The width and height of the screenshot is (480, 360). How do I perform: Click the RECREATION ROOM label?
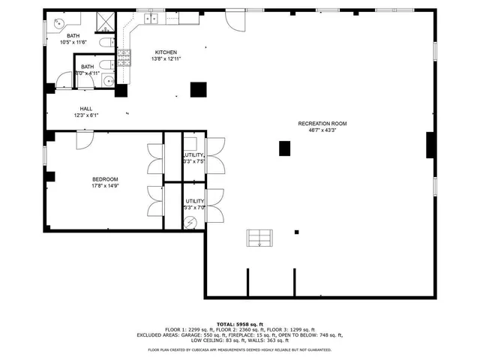tap(322, 124)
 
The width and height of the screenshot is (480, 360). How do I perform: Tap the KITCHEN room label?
tap(166, 51)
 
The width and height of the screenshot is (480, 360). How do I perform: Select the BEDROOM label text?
tap(105, 178)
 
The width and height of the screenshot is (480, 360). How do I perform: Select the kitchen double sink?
tap(152, 18)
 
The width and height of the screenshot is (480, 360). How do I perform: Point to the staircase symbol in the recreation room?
tap(259, 238)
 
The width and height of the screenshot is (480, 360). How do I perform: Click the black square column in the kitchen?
tap(198, 88)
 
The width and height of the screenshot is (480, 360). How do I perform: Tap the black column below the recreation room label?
tap(285, 148)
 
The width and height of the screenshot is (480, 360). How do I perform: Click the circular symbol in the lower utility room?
tap(190, 222)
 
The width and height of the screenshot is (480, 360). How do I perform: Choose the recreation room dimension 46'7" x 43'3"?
tap(322, 130)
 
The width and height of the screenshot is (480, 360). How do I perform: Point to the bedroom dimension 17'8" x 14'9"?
tap(105, 186)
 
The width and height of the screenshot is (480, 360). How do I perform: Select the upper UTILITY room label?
tap(193, 155)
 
